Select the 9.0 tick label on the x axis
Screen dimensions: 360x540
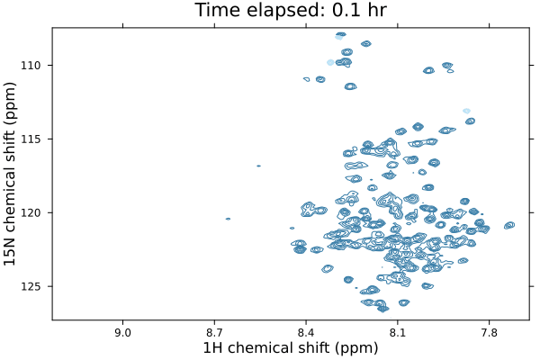click(x=122, y=333)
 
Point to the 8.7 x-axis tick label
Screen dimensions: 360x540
click(x=214, y=333)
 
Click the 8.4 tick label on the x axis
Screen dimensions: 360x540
click(x=306, y=333)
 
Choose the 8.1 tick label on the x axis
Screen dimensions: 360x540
click(x=398, y=333)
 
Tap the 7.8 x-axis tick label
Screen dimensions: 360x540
click(x=490, y=333)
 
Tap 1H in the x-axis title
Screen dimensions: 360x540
click(x=212, y=349)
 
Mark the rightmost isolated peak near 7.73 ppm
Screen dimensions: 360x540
click(x=509, y=224)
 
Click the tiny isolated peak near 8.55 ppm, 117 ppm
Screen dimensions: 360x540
click(x=258, y=166)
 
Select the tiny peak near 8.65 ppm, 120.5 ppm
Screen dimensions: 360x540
click(x=228, y=219)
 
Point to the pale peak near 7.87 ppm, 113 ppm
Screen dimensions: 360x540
click(x=466, y=111)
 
